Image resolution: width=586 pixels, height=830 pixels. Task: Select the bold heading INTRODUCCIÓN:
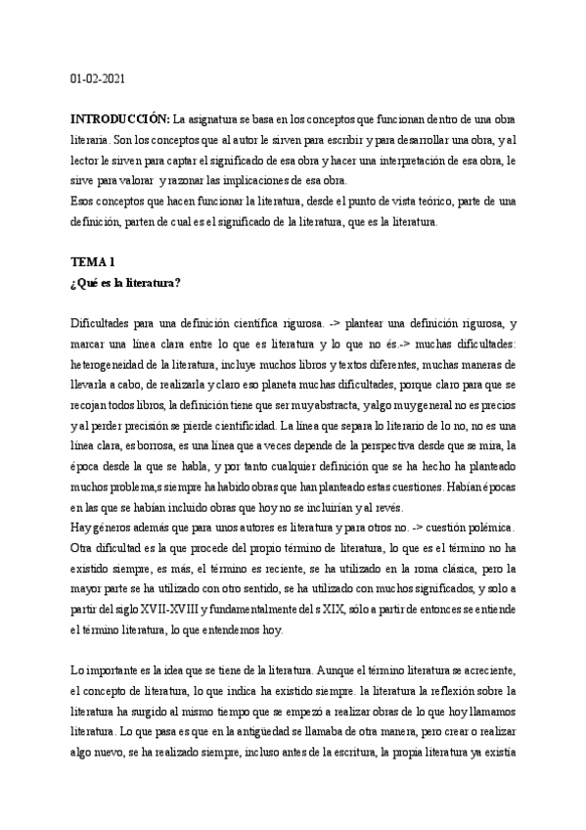121,119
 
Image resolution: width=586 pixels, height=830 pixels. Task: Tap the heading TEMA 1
94,262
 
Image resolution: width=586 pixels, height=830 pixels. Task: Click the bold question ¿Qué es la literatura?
127,284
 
